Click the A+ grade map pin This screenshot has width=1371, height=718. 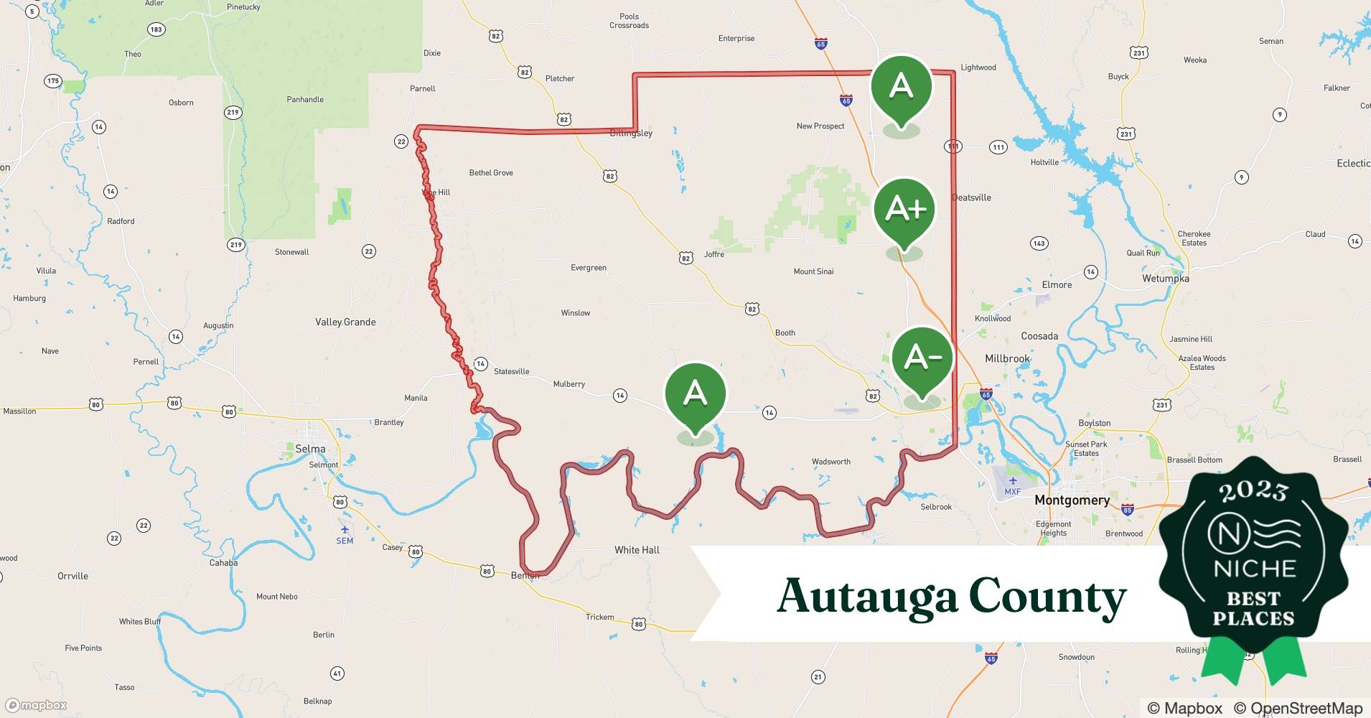pos(904,210)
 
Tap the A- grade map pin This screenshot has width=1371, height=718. pos(922,358)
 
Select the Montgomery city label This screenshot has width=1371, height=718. pos(1072,500)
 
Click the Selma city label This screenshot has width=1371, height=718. pos(310,449)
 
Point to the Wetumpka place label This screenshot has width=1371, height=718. pos(1165,279)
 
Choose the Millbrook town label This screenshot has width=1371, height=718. pos(1007,358)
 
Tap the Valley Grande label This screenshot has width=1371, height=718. pos(345,322)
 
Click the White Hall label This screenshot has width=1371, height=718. pos(637,550)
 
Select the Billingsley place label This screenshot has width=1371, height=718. pos(631,134)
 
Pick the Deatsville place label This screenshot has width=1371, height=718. pos(971,197)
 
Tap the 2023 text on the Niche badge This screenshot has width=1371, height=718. pos(1253,491)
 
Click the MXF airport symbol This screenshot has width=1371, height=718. pos(1013,481)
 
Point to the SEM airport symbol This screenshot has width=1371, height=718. pos(345,530)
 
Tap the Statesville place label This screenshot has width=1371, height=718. pos(512,371)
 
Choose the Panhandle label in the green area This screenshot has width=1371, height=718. pos(305,100)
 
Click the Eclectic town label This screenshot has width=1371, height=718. pos(1353,164)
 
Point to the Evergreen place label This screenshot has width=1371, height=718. pos(589,268)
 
